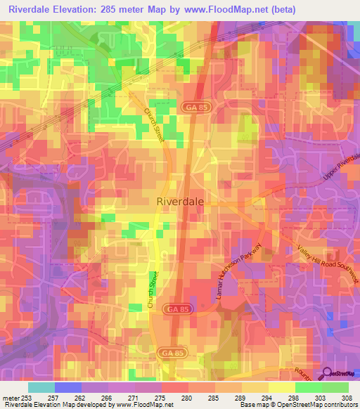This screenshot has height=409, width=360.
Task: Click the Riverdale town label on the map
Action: click(x=179, y=201)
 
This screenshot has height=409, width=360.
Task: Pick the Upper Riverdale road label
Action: click(x=342, y=169)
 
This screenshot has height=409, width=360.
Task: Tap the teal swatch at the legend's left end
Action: click(x=41, y=387)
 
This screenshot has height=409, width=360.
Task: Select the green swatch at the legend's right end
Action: click(x=335, y=387)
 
